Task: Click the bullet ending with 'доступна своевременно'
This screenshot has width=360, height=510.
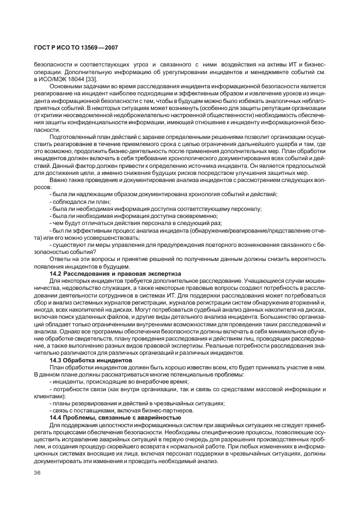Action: coord(130,216)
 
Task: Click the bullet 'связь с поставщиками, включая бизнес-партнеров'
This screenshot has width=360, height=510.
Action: coord(121,410)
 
